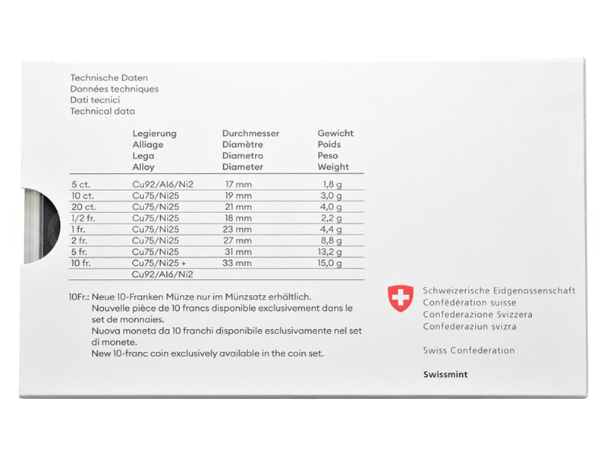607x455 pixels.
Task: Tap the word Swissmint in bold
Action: coord(444,375)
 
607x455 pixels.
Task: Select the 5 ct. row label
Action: coord(80,184)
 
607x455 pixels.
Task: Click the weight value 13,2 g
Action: coord(331,252)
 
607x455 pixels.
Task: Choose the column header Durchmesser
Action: coord(251,133)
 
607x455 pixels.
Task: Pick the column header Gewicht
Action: coord(335,133)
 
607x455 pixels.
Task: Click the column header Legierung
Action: coord(154,133)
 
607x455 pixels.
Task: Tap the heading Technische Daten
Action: coord(109,78)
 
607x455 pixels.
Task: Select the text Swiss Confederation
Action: coord(469,350)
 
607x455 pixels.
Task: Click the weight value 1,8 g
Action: coord(333,184)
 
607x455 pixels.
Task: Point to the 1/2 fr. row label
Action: coord(82,218)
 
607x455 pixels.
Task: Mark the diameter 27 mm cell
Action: coord(238,240)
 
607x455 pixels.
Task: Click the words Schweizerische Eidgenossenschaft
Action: coord(499,290)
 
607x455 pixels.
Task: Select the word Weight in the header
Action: coord(334,167)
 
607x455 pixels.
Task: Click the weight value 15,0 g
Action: coord(330,263)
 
